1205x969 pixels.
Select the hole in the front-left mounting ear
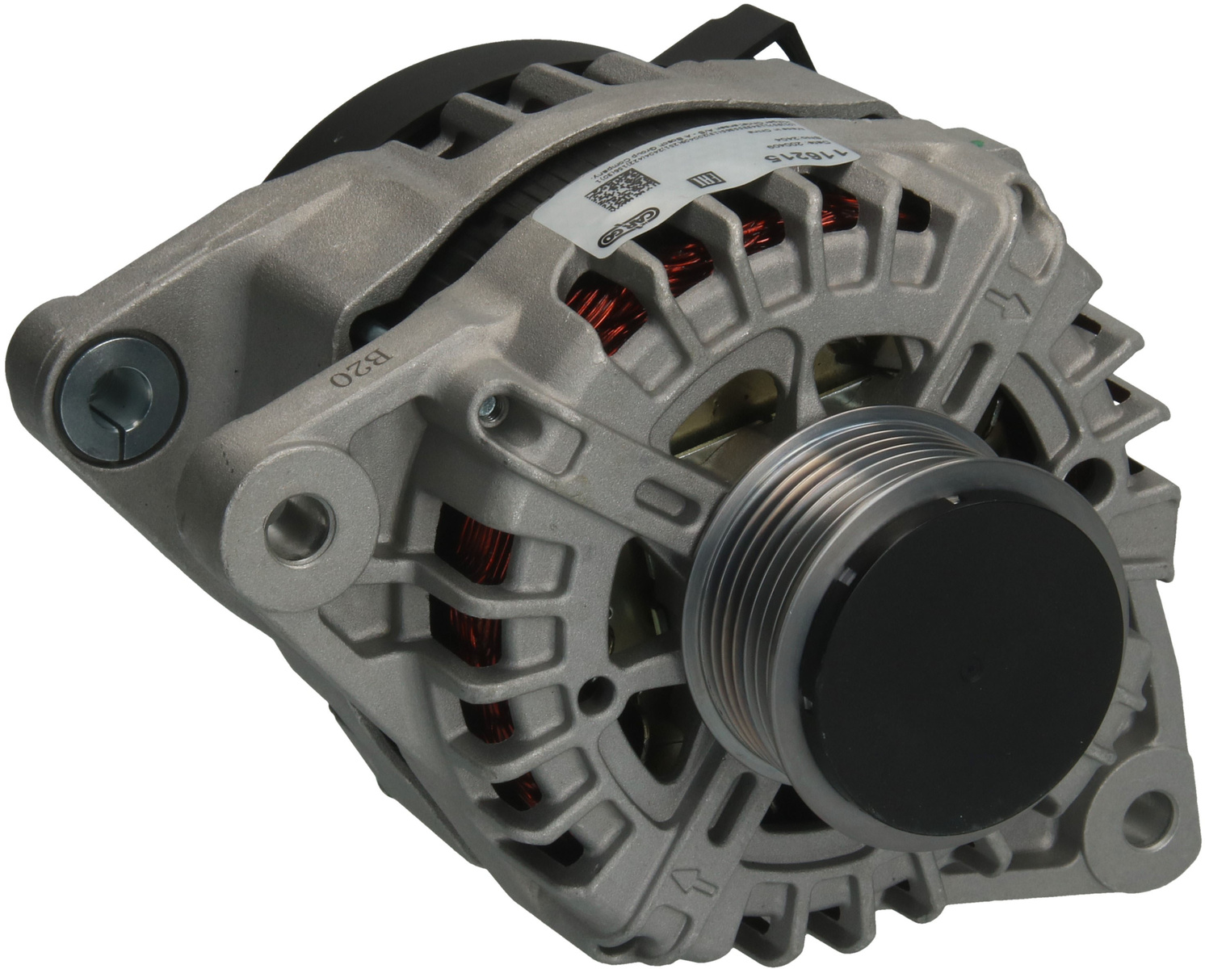pyautogui.click(x=300, y=521)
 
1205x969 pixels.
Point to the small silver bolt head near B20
pyautogui.click(x=490, y=409)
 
